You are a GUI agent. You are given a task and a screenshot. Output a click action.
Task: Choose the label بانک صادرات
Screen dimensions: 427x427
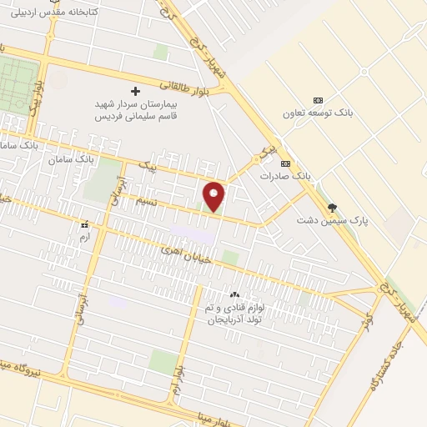point(285,176)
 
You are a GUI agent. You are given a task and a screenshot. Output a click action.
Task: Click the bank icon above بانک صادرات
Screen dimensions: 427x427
point(285,163)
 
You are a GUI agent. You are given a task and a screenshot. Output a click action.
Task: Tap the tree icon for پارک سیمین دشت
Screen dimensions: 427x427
point(334,207)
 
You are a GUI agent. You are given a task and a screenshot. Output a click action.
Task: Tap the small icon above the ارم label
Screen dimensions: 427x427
point(83,224)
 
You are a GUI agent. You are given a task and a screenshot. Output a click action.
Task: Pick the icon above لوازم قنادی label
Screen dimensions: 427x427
point(234,294)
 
